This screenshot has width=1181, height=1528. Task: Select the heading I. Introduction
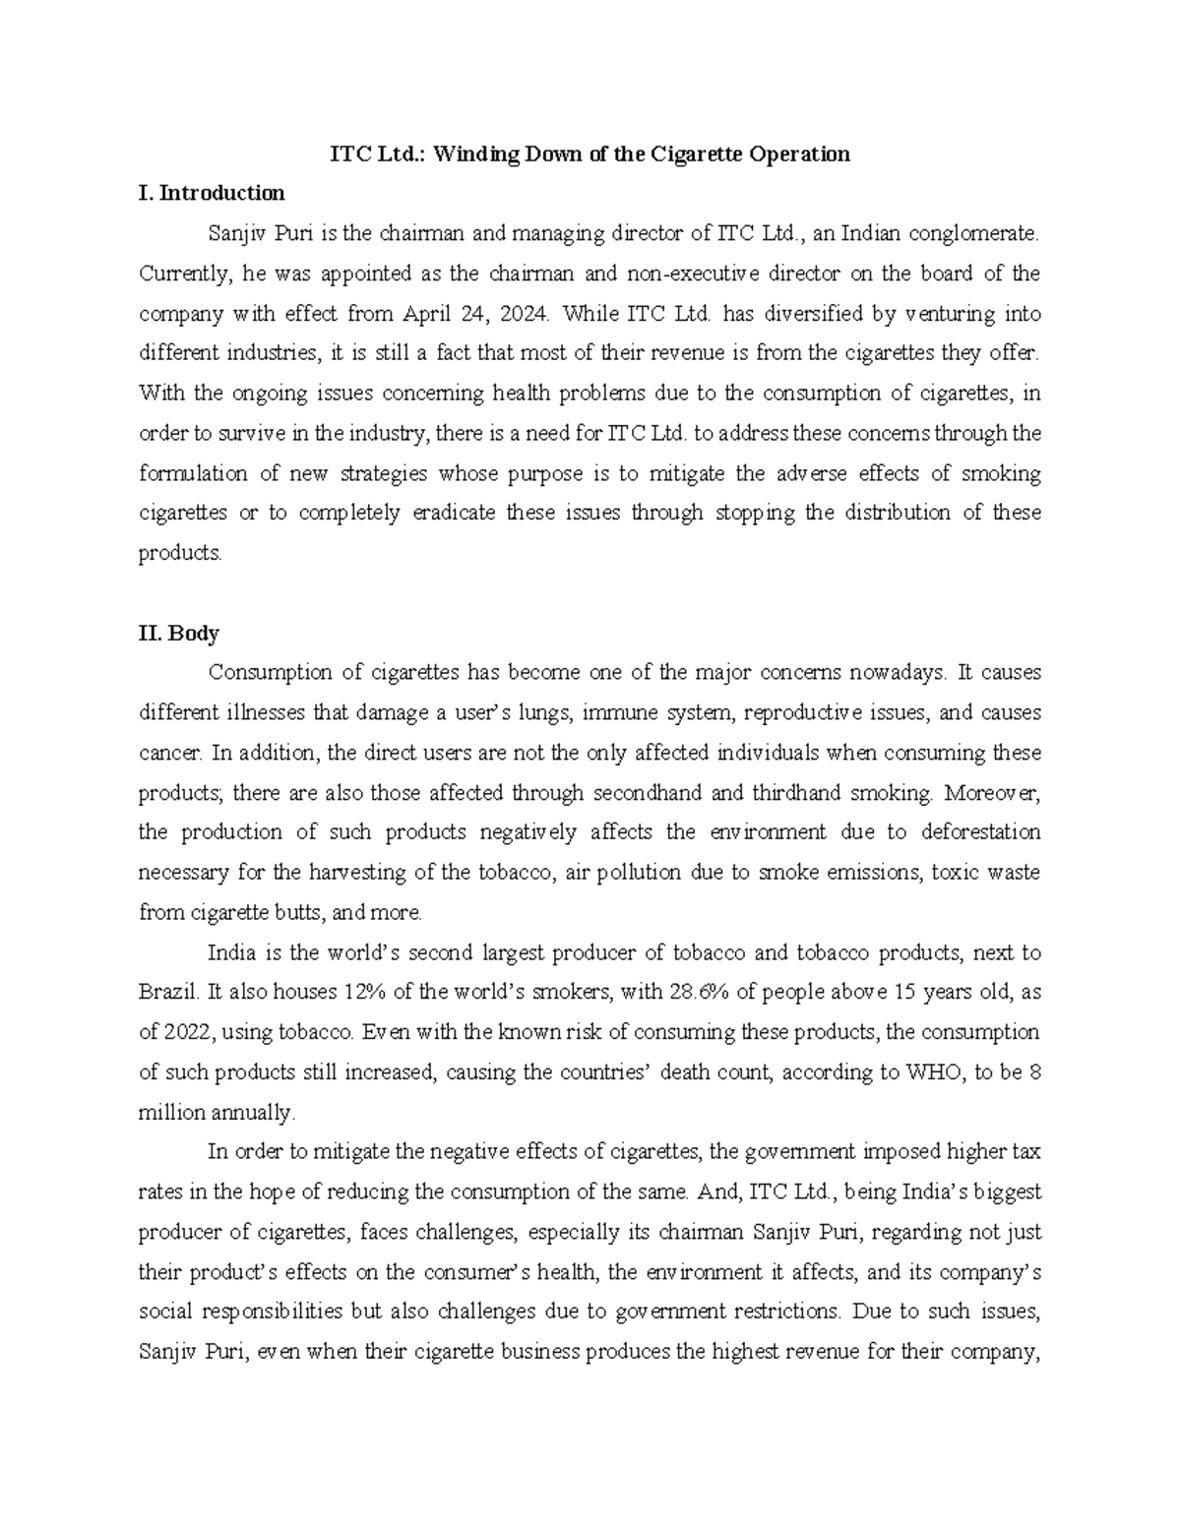pos(212,193)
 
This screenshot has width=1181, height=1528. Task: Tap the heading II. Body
pos(178,633)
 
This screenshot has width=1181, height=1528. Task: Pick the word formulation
pos(193,473)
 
